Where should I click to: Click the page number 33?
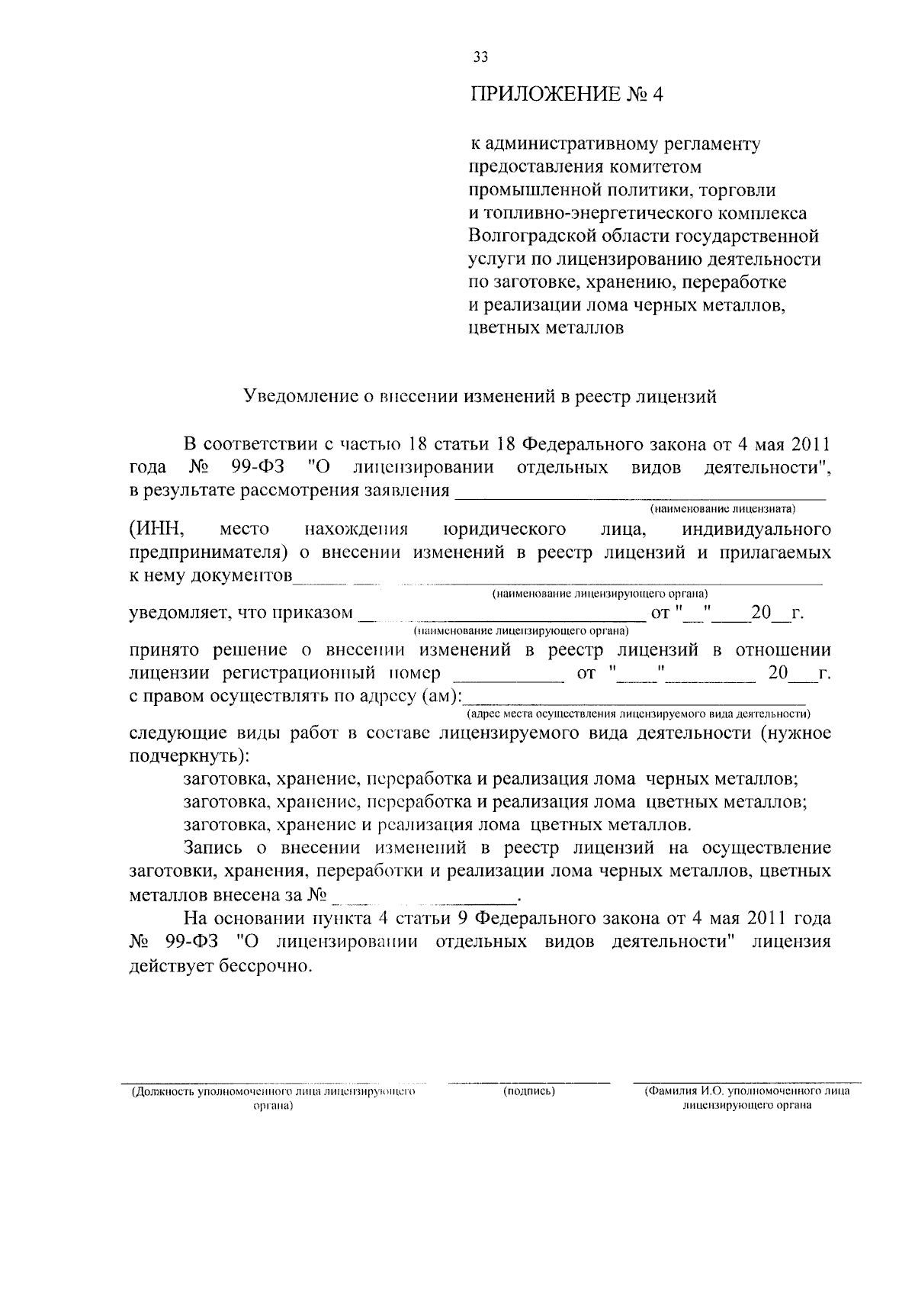pos(480,57)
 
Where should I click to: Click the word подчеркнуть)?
pos(189,757)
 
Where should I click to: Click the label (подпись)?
pos(528,1092)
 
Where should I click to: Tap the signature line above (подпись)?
pos(528,1082)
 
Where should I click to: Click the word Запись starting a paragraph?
pos(214,849)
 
